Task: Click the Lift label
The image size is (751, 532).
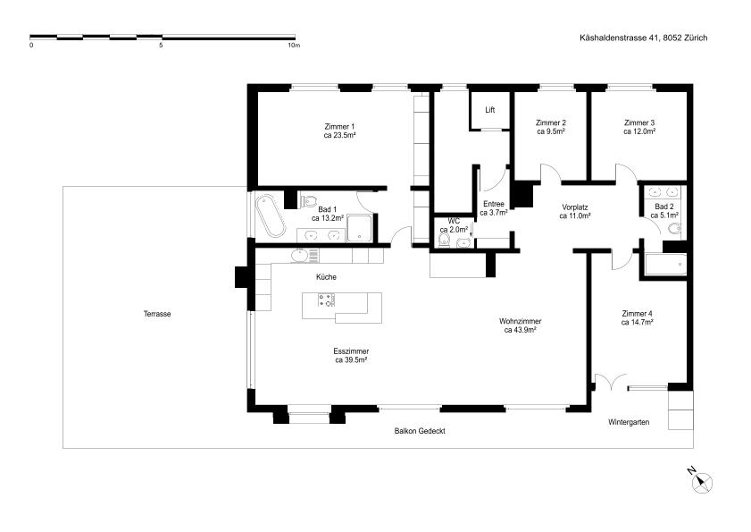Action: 489,110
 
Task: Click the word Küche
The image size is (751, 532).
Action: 326,277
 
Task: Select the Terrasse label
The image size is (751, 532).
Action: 157,314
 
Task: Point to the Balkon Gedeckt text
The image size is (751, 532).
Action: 420,431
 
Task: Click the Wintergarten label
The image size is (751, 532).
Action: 629,422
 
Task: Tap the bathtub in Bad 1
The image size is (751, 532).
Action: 271,217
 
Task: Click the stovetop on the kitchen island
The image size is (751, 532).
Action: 326,300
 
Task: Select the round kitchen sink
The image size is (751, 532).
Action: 300,256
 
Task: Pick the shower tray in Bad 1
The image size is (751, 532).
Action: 359,228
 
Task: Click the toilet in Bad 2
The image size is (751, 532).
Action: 675,229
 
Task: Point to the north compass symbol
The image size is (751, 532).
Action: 702,482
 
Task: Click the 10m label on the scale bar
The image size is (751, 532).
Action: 294,46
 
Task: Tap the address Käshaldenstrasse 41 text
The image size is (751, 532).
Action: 620,38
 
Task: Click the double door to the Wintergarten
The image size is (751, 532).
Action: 610,382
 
